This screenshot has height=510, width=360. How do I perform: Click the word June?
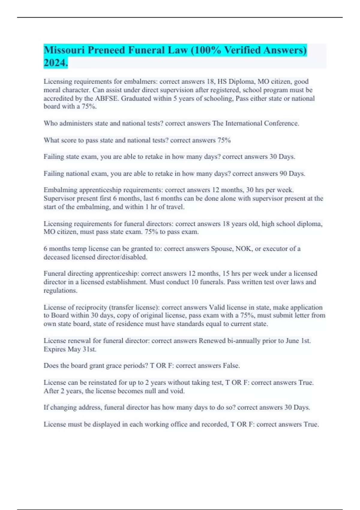(x=292, y=341)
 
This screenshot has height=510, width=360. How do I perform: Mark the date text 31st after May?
(x=89, y=349)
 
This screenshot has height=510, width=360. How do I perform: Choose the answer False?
(x=231, y=366)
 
